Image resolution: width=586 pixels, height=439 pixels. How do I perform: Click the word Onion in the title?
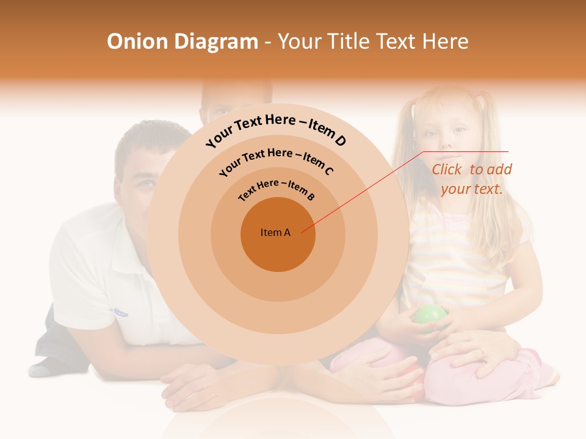pos(137,41)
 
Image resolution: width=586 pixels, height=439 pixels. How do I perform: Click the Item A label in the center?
pos(275,232)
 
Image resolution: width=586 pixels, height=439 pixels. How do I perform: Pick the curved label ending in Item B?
pos(277,189)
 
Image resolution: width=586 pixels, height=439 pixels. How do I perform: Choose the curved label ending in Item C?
pos(276,161)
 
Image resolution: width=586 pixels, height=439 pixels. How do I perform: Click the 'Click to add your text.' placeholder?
pos(472,179)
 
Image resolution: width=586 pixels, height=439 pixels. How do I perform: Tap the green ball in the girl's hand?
pos(431,318)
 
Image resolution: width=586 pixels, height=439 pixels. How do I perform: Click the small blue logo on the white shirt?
pos(120,312)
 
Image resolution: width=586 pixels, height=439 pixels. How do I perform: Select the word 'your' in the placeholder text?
pos(454,189)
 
